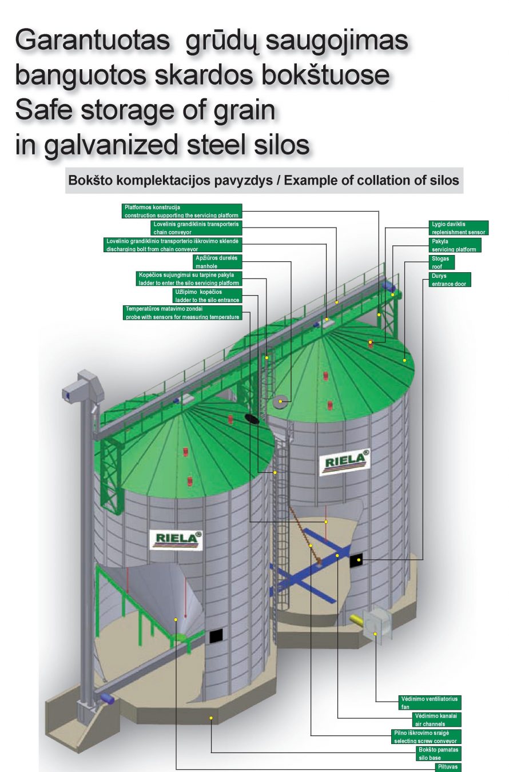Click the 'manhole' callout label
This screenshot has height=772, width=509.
pos(217,262)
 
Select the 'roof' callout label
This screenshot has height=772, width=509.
pos(442,262)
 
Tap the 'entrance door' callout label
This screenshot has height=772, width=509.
pos(450,280)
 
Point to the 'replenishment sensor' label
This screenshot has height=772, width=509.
pos(458,228)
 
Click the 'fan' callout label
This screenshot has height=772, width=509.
pos(430,703)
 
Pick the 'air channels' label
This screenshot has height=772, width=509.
pos(436,719)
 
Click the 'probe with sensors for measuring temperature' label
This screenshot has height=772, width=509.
pos(182,313)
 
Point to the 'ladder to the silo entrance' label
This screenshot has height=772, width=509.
pos(207,296)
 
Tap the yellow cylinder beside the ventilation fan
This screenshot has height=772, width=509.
pos(357,618)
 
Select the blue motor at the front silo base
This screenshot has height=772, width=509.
pos(107,699)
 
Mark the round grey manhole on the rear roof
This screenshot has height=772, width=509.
pos(280,402)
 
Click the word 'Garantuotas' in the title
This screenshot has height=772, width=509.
pos(92,41)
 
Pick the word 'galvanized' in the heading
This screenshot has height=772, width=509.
pos(113,145)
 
